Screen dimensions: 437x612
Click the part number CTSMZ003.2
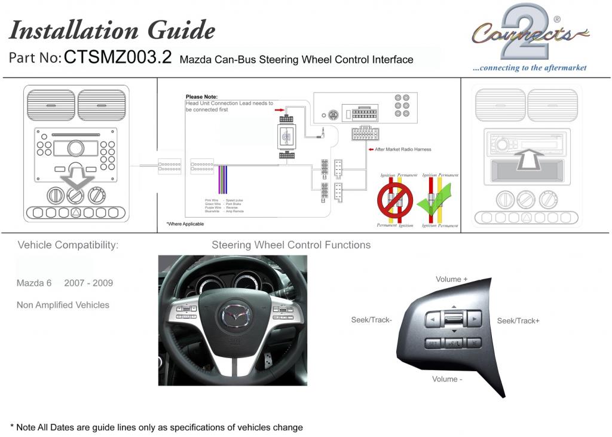click(x=118, y=57)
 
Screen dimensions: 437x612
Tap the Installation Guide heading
click(x=112, y=30)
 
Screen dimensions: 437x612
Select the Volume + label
click(x=452, y=279)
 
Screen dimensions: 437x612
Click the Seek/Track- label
click(x=371, y=320)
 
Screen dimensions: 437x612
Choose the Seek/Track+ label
click(x=518, y=321)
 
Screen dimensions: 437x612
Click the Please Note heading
click(x=201, y=97)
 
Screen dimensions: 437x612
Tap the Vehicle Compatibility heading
click(x=68, y=245)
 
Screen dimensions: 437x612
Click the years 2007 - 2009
click(x=88, y=283)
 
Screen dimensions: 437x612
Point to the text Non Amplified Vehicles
click(x=63, y=305)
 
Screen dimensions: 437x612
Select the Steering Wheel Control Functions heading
click(x=291, y=245)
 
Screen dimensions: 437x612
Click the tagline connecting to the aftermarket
click(x=530, y=68)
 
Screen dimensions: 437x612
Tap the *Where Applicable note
click(x=185, y=224)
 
